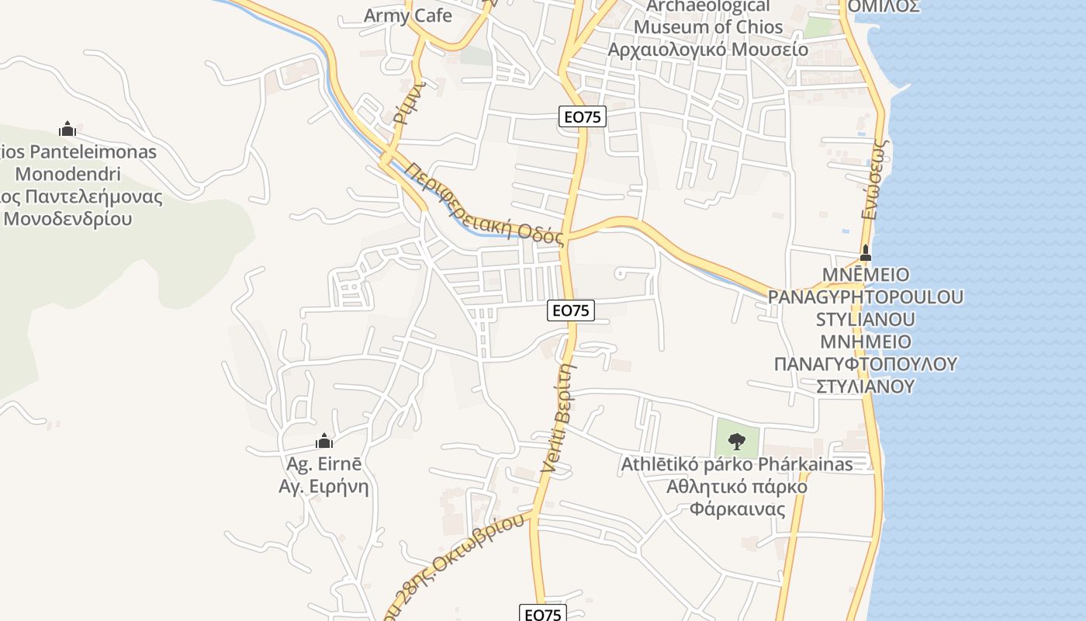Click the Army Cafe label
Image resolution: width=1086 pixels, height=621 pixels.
coord(407,15)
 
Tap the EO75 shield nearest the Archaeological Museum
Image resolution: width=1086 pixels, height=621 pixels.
coord(583,117)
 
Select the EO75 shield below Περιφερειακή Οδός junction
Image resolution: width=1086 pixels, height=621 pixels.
coord(571,310)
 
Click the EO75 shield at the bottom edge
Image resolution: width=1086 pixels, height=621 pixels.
coord(543,614)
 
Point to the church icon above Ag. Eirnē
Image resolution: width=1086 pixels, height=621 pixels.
coord(324,441)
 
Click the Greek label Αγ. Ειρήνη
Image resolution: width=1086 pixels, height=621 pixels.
coord(323,487)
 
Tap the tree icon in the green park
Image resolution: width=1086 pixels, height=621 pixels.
coord(737,441)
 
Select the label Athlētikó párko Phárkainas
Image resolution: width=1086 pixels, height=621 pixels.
coord(736,464)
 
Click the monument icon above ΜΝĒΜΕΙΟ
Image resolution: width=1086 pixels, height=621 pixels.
coord(866,253)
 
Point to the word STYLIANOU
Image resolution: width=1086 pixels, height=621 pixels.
coord(865,319)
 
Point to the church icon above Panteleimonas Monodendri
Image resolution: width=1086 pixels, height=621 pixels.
coord(67,128)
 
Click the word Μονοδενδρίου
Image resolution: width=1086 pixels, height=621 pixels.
coord(68,218)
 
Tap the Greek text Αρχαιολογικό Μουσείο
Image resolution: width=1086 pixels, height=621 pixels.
coord(707,50)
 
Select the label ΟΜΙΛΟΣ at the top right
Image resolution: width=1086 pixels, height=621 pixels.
coord(884,6)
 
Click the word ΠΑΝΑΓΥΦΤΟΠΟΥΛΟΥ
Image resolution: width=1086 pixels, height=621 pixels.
coord(866,363)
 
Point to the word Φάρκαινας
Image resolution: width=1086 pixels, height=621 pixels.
coord(737,509)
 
